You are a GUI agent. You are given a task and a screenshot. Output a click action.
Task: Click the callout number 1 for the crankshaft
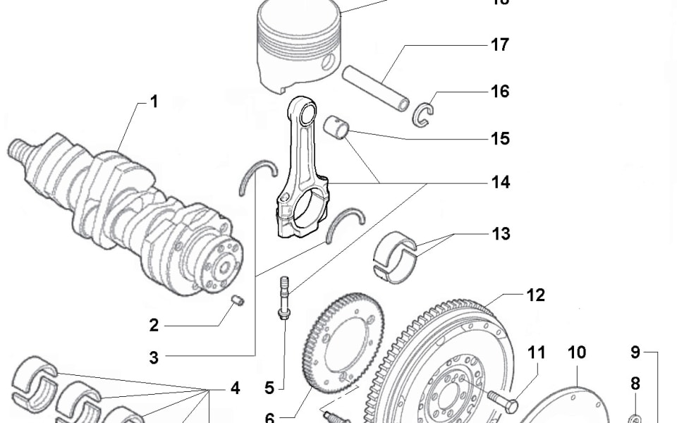click(x=153, y=102)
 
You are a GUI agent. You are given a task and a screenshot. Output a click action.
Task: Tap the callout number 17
click(x=499, y=45)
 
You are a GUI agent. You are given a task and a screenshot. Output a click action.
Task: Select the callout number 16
click(x=499, y=92)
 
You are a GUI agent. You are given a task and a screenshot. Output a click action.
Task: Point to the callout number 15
click(x=499, y=138)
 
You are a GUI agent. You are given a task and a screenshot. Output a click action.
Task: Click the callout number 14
click(x=500, y=183)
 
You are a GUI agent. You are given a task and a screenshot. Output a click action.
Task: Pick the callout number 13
click(x=500, y=233)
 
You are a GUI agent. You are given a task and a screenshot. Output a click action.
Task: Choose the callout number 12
click(x=535, y=295)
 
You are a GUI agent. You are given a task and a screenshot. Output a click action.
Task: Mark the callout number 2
click(x=153, y=326)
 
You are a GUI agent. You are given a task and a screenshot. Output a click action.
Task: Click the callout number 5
click(x=269, y=387)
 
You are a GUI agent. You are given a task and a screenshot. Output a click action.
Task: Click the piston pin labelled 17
click(x=375, y=87)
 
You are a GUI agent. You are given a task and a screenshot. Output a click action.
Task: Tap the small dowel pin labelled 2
click(x=238, y=302)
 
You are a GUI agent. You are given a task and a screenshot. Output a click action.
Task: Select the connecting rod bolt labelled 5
click(x=283, y=299)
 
